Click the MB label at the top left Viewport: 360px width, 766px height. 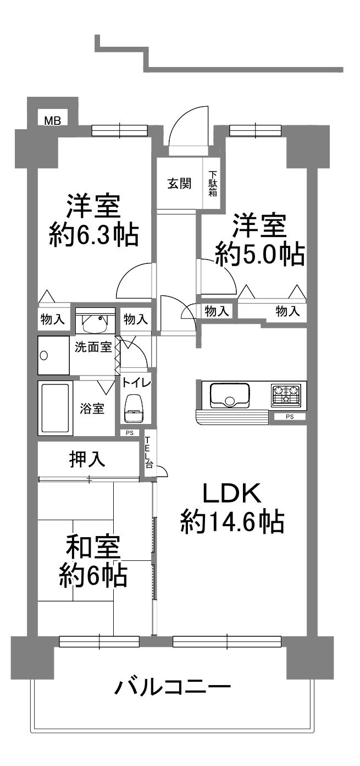click(53, 120)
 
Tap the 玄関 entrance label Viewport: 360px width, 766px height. click(180, 184)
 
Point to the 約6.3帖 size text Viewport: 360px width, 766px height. click(93, 235)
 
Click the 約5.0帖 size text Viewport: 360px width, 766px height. click(259, 254)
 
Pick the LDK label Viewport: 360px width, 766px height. click(232, 493)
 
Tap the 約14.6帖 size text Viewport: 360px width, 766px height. click(232, 521)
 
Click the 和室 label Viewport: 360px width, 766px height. click(93, 547)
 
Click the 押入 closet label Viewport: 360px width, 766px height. click(87, 459)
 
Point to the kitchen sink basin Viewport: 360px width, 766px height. click(229, 395)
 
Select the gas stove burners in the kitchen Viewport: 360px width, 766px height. click(286, 396)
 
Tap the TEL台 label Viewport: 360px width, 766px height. click(149, 452)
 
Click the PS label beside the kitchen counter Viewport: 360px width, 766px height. click(290, 416)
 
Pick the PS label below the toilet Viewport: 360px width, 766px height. click(130, 433)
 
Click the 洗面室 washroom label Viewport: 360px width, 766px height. click(93, 348)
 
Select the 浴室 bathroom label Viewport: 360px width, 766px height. click(92, 409)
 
